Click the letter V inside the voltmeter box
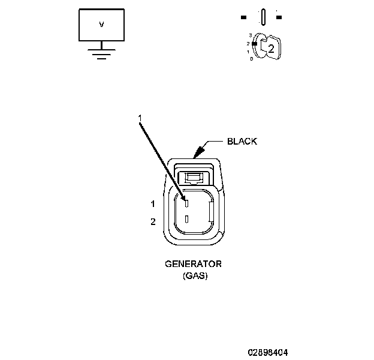tap(101, 25)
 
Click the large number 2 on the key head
tap(271, 49)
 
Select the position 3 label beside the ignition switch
tap(250, 37)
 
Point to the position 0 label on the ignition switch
tap(251, 59)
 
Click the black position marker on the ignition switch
tap(255, 43)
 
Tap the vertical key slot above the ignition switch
tap(263, 17)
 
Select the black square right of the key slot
tap(279, 17)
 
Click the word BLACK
tap(242, 142)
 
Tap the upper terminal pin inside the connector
tap(186, 202)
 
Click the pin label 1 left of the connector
tap(153, 204)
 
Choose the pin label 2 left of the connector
tap(153, 222)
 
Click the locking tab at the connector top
tap(194, 177)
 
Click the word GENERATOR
tap(193, 264)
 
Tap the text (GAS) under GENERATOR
tap(194, 276)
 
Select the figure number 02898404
tap(271, 351)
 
